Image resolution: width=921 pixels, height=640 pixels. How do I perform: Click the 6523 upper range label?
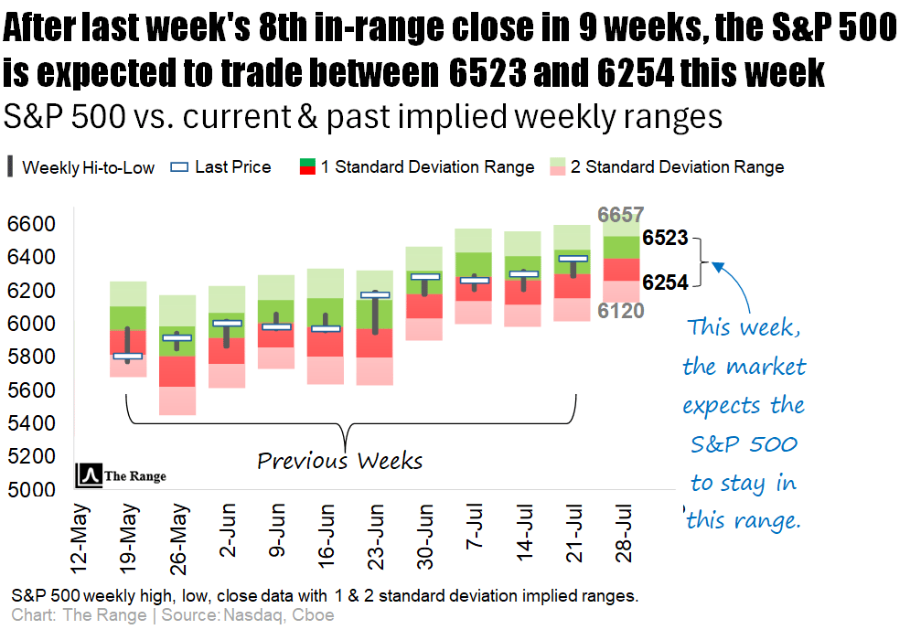coord(665,239)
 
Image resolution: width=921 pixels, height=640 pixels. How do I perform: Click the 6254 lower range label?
coord(665,283)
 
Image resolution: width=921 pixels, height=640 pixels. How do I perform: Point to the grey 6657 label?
coord(620,216)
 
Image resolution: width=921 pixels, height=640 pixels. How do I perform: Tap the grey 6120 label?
coord(621,311)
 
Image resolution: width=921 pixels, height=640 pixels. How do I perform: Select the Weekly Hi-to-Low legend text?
coord(88,167)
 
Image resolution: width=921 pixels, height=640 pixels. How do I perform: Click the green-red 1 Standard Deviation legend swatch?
coord(308,166)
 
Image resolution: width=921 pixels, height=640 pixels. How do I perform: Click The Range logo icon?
coord(89,475)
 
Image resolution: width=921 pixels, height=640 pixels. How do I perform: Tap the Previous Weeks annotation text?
coord(339,460)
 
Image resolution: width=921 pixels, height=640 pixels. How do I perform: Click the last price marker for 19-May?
coord(127,356)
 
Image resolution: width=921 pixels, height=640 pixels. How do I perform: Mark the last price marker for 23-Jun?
coord(375,295)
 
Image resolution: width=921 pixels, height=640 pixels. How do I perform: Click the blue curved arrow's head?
coord(716,266)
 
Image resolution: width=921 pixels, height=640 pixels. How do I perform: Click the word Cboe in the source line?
coord(314,615)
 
